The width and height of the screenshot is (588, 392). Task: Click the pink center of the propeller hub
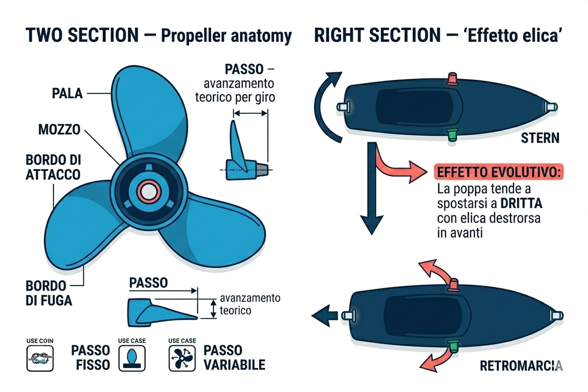pos(146,190)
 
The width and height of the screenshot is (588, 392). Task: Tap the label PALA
pos(68,93)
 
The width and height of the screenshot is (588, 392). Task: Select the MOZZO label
pos(60,130)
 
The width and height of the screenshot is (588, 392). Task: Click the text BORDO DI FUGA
pos(49,293)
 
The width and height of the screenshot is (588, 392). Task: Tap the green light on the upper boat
pos(451,133)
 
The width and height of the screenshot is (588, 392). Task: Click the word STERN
pos(539,138)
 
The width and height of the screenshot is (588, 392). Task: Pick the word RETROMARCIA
pos(521,365)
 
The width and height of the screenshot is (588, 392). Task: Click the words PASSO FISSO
pos(90,357)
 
